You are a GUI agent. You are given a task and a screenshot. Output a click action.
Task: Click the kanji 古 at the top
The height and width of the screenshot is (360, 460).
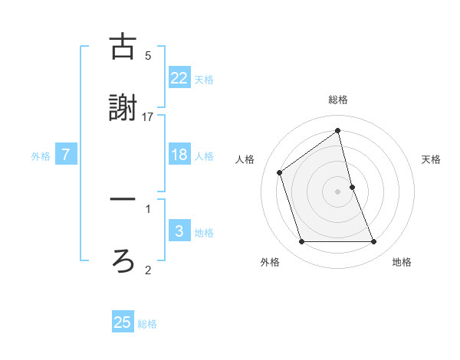pos(123,47)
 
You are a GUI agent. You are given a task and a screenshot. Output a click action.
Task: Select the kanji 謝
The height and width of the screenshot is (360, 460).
pos(123,108)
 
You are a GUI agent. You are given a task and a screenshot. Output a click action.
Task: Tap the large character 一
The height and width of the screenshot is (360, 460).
pos(123,199)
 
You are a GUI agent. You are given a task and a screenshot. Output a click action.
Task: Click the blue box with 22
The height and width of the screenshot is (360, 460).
pos(179,77)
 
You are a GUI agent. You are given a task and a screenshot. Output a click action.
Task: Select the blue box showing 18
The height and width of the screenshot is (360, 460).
pos(179,155)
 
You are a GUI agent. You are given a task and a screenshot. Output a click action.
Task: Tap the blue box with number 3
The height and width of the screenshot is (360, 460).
pos(179,231)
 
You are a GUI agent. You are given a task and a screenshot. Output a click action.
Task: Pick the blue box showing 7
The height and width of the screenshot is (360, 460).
pos(66,155)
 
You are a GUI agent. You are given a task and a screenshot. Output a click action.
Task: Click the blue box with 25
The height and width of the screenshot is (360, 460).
pos(123,322)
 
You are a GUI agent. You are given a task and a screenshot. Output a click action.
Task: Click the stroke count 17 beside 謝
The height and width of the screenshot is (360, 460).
pos(148,116)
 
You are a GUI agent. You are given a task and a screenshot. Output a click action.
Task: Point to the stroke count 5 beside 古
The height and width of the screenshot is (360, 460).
pos(148,55)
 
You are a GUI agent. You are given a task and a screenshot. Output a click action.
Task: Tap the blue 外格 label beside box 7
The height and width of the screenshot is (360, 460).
pos(41,155)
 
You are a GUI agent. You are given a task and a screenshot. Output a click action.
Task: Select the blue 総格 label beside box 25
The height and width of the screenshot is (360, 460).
pos(147,323)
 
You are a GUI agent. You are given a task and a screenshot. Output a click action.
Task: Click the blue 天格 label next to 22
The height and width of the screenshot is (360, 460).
pos(204,78)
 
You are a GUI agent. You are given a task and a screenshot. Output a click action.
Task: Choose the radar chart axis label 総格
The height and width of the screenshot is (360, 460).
pos(338,100)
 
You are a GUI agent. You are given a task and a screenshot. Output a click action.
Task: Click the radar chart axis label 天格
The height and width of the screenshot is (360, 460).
pos(432,159)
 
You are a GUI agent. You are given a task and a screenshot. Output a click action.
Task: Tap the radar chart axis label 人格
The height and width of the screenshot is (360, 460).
pos(245,159)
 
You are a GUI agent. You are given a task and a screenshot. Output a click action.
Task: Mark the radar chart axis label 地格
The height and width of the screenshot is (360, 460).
pos(402,262)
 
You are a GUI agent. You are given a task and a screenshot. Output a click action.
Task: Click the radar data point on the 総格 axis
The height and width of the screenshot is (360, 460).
pos(338,131)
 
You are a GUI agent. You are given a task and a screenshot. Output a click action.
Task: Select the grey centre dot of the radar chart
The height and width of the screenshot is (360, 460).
pos(338,191)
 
